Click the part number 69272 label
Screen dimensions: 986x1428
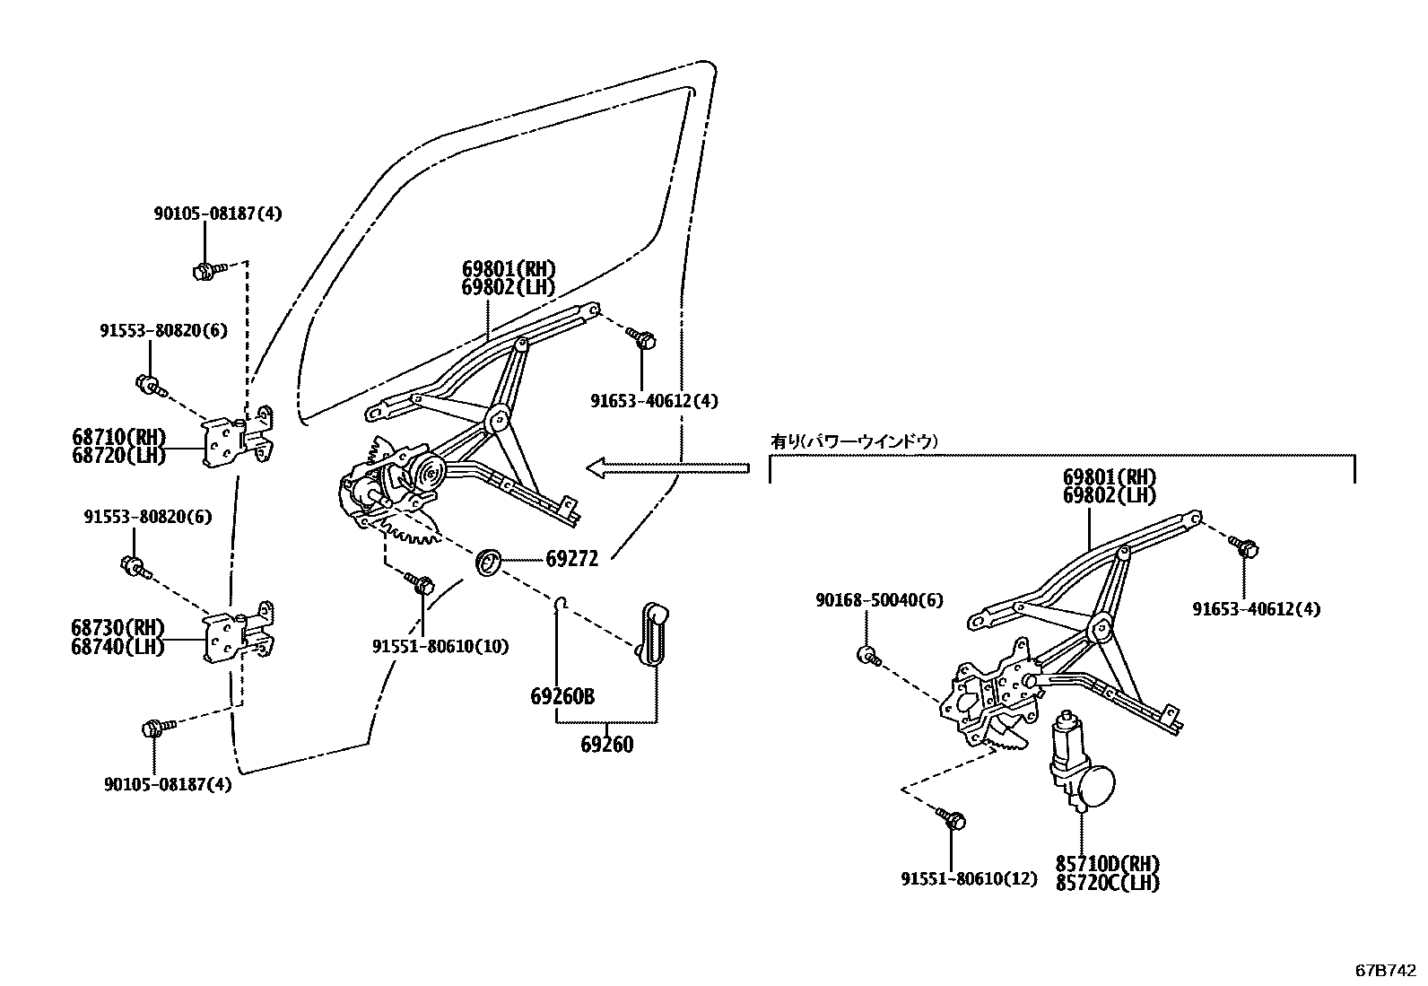tap(572, 558)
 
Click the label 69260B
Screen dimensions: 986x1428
tap(562, 697)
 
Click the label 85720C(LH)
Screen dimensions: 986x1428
tap(1108, 883)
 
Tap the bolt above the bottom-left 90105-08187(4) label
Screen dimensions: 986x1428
tap(152, 727)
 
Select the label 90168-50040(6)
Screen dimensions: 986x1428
tap(879, 599)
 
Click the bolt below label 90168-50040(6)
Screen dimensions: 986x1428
tap(868, 655)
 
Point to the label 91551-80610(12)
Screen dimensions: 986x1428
tap(969, 878)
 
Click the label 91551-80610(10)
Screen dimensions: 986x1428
tap(440, 646)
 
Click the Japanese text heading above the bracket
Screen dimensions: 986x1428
tap(855, 441)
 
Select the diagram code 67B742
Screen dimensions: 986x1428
tap(1385, 971)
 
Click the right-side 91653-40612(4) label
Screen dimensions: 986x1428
tap(1256, 609)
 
